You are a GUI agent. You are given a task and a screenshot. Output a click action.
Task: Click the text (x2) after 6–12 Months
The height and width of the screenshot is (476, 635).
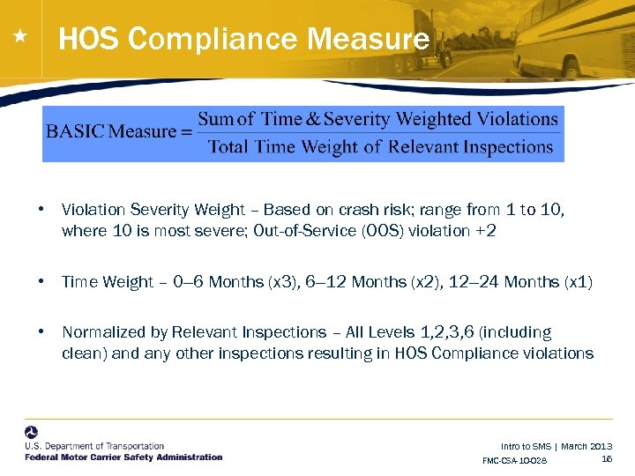click(x=424, y=282)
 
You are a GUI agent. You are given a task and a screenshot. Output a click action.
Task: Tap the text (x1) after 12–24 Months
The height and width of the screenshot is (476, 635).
click(x=577, y=282)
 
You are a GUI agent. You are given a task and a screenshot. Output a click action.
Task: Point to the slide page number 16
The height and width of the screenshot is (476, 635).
click(x=607, y=458)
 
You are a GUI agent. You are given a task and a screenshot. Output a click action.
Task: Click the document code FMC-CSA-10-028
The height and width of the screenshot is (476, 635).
click(x=515, y=461)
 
